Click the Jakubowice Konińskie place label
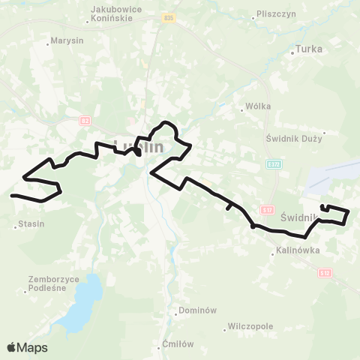point(116,13)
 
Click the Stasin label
point(31,223)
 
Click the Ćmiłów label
point(178,344)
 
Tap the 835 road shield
point(169,18)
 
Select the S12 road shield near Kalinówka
point(324,273)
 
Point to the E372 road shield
point(274,163)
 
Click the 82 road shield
point(85,119)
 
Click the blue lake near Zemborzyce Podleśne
point(79,304)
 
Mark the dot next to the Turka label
point(292,53)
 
